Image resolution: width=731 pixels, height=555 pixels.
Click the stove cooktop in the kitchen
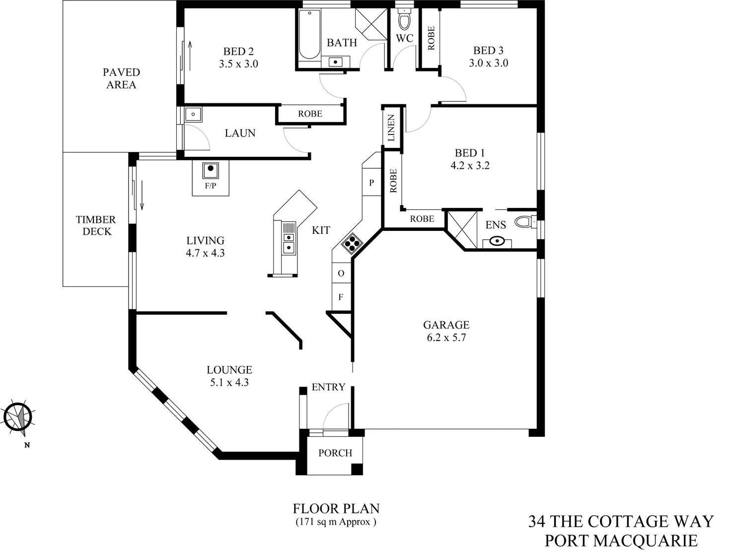(x=352, y=243)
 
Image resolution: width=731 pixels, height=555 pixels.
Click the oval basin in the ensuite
(x=496, y=242)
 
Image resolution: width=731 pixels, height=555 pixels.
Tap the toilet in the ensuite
(x=523, y=221)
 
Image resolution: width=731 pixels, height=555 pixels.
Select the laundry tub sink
(x=193, y=115)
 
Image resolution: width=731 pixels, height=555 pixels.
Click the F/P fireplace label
(x=211, y=186)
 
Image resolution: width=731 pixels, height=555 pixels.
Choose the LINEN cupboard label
(x=391, y=128)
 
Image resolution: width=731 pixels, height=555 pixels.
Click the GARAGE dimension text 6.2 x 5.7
(x=446, y=338)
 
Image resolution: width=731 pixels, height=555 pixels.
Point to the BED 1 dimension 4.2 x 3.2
(x=470, y=166)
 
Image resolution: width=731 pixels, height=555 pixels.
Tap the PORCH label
(x=335, y=453)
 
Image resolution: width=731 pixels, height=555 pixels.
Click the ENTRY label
(x=328, y=387)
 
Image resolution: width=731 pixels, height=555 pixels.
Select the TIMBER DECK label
(x=96, y=225)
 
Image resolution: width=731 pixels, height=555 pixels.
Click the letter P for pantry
(x=371, y=183)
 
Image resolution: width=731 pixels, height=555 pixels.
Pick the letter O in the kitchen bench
(x=341, y=274)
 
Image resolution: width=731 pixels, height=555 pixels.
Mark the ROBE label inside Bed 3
(x=431, y=38)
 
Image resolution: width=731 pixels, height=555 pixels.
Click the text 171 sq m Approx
(x=336, y=522)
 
